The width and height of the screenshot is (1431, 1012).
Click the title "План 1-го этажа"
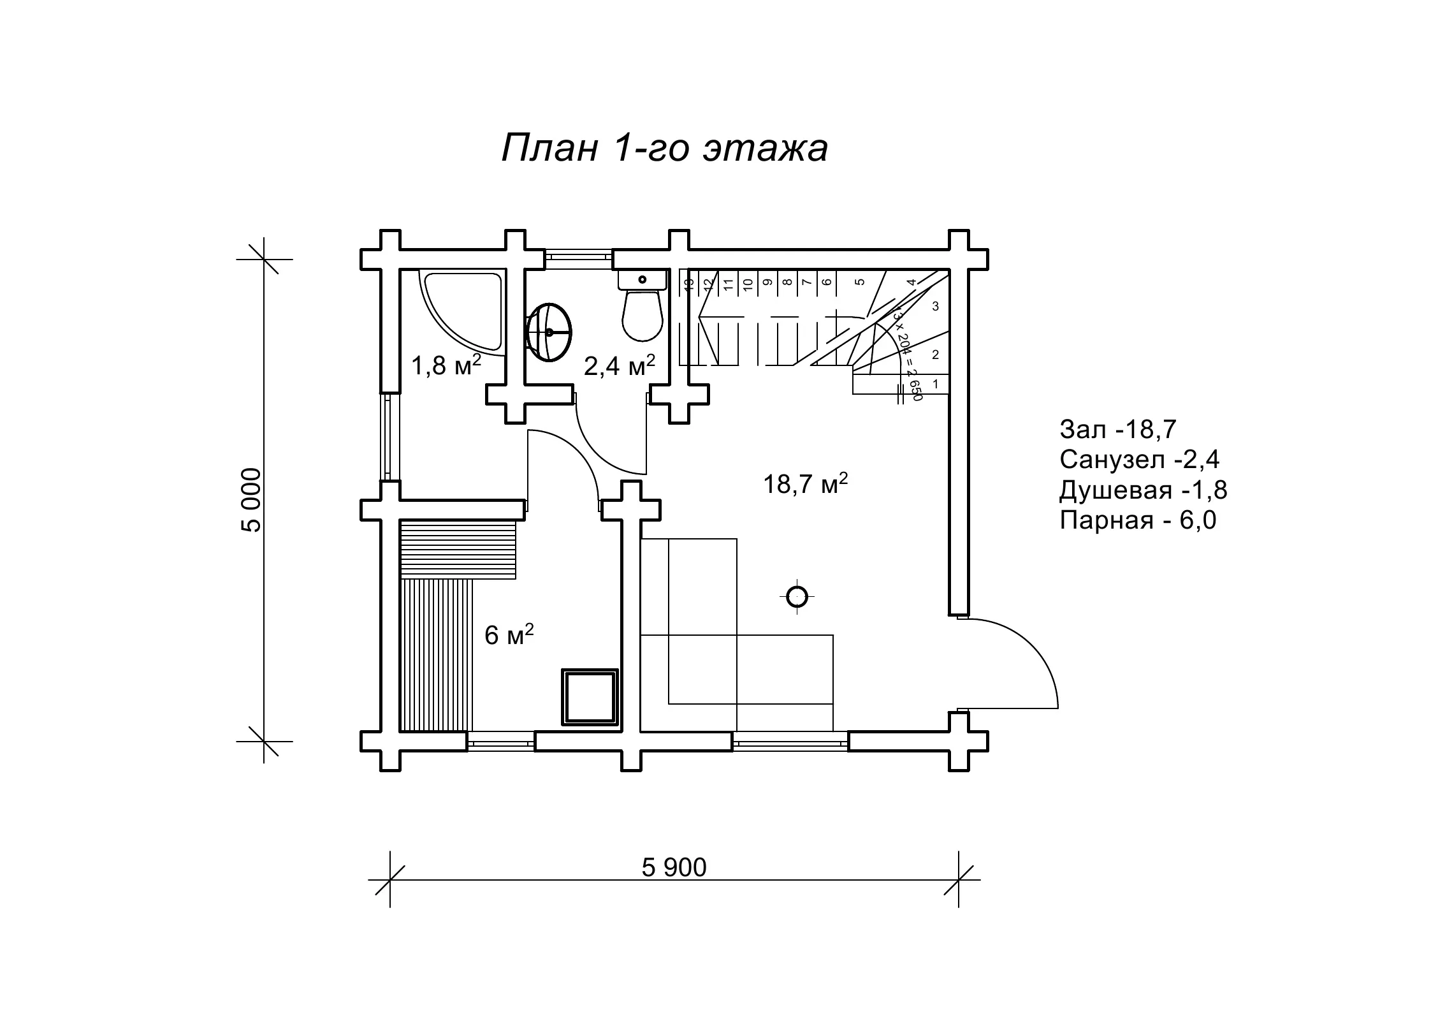[x=665, y=149]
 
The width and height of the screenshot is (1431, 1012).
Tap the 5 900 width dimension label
[x=674, y=868]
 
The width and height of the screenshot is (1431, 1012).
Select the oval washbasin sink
[x=549, y=332]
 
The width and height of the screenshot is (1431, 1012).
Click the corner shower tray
[x=461, y=312]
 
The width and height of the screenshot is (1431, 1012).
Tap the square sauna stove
[x=590, y=697]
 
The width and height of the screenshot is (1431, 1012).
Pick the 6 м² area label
[x=509, y=634]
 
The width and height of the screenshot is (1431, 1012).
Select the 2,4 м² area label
[x=619, y=366]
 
